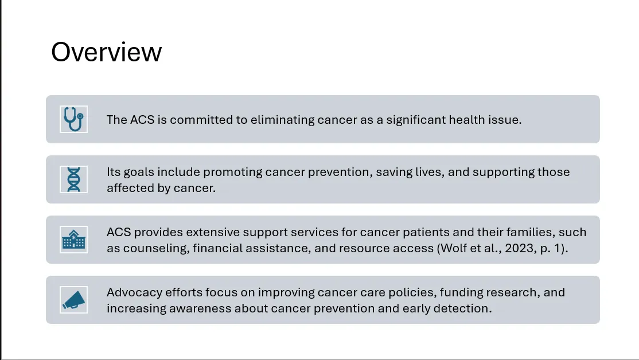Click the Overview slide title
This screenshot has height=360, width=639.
(106, 52)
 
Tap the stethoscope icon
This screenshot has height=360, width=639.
(73, 119)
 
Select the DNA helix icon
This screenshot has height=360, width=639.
(74, 179)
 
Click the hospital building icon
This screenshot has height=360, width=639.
(74, 240)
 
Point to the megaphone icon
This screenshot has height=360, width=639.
(74, 300)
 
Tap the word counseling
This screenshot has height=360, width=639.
(157, 248)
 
